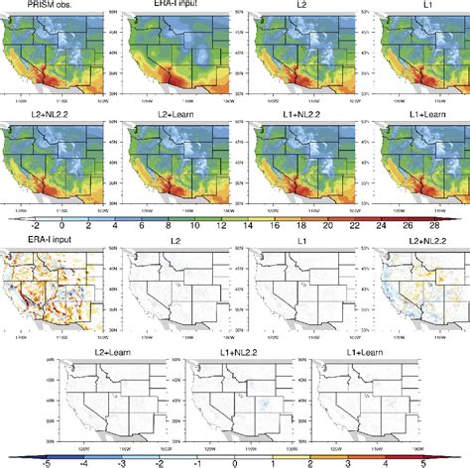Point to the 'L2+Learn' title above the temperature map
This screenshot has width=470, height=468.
point(176,116)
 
